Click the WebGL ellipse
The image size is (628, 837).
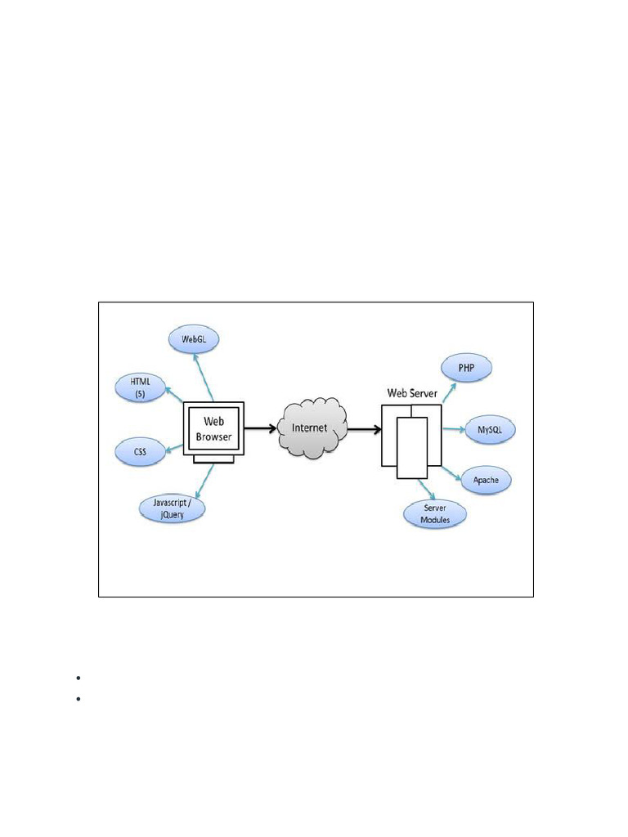point(195,338)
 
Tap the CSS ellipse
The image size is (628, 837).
point(140,450)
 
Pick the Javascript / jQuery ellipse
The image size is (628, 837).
point(171,508)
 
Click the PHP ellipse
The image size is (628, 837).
point(467,368)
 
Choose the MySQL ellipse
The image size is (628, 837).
point(491,428)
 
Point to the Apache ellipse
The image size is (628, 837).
point(486,480)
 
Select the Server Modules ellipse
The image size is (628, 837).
point(435,514)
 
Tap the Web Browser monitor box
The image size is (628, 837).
point(213,429)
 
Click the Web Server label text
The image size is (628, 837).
point(412,393)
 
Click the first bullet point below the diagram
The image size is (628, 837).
point(76,678)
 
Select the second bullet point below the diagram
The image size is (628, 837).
point(76,699)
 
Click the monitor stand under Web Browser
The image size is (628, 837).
point(213,459)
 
